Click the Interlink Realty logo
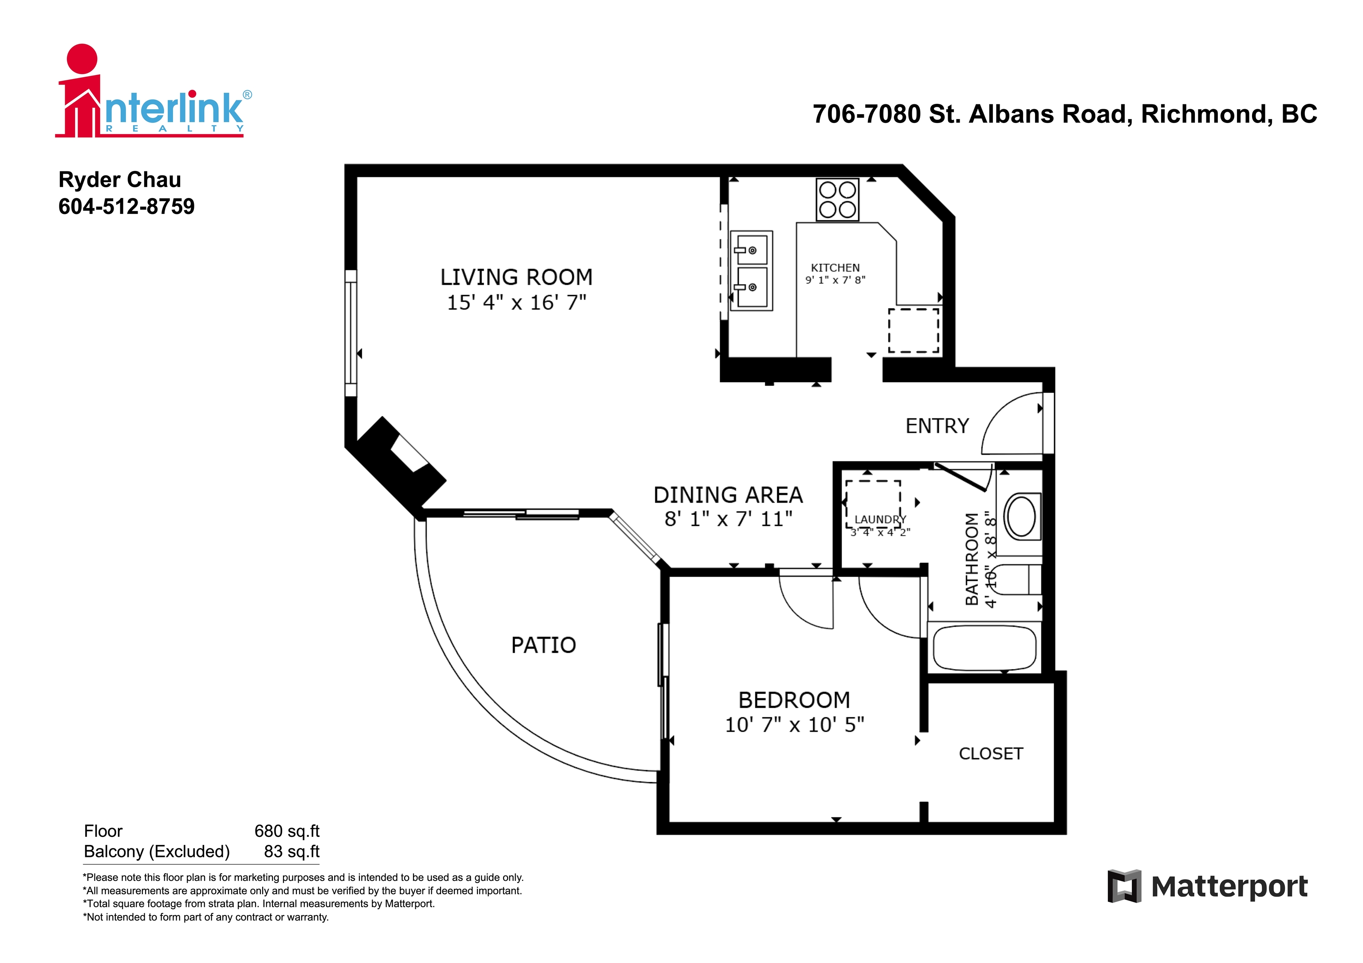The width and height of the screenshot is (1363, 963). (x=153, y=92)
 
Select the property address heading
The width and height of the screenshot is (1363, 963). (x=1064, y=114)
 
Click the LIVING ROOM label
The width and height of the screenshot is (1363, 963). (x=516, y=277)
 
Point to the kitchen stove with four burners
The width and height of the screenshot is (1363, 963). (x=837, y=200)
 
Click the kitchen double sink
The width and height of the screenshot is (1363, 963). (x=751, y=270)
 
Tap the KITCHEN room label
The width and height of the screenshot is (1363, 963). (x=835, y=268)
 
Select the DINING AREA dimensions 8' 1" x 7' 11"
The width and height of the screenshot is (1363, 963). (x=729, y=519)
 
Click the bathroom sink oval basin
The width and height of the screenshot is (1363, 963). (x=1021, y=516)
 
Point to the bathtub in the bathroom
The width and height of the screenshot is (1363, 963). (x=984, y=648)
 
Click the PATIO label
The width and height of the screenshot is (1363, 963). (x=543, y=645)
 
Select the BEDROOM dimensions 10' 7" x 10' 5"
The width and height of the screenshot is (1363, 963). (x=794, y=725)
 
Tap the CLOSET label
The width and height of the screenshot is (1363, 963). (x=991, y=753)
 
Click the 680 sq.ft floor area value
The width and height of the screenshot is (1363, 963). (x=287, y=831)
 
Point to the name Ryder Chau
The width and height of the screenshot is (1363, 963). (x=120, y=179)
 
